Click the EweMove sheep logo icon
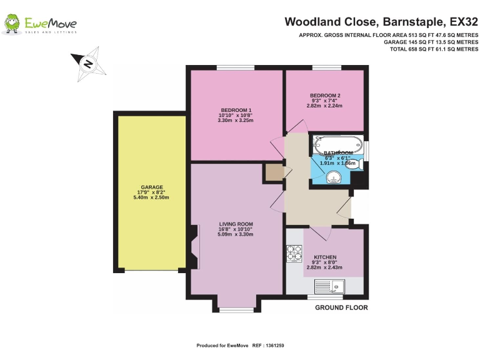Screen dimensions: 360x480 tap(12, 24)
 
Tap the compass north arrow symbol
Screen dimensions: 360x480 tap(87, 62)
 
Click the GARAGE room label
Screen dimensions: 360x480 tap(151, 187)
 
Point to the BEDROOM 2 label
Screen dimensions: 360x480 tap(325, 95)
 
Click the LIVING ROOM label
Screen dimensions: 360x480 tap(236, 224)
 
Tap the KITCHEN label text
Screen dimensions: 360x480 tap(325, 257)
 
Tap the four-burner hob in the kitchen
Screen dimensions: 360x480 tap(294, 253)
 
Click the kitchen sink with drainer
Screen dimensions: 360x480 tap(330, 287)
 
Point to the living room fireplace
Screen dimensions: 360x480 tap(193, 248)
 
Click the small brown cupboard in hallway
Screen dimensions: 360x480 tap(273, 172)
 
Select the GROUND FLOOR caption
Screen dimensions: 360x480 tap(341, 307)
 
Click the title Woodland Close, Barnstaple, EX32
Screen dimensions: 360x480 tap(381, 22)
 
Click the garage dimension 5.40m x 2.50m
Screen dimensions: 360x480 tap(151, 197)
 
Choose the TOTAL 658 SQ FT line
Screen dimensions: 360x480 tap(434, 49)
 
